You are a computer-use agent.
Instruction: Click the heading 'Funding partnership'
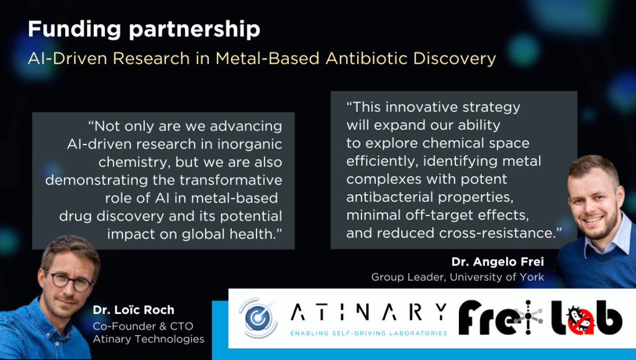pyautogui.click(x=144, y=30)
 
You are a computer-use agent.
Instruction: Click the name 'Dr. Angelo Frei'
pyautogui.click(x=497, y=262)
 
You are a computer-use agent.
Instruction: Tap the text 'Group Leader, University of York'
pyautogui.click(x=458, y=277)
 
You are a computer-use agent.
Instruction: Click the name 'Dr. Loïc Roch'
pyautogui.click(x=134, y=310)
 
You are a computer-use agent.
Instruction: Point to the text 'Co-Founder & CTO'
pyautogui.click(x=143, y=326)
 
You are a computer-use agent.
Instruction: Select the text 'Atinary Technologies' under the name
pyautogui.click(x=148, y=339)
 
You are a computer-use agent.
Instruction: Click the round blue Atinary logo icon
pyautogui.click(x=258, y=318)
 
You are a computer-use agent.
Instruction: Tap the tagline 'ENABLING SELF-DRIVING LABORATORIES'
pyautogui.click(x=369, y=333)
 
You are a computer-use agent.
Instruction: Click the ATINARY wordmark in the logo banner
pyautogui.click(x=369, y=312)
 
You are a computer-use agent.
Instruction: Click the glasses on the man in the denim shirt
pyautogui.click(x=70, y=280)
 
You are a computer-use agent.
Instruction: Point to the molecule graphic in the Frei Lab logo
pyautogui.click(x=528, y=317)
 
